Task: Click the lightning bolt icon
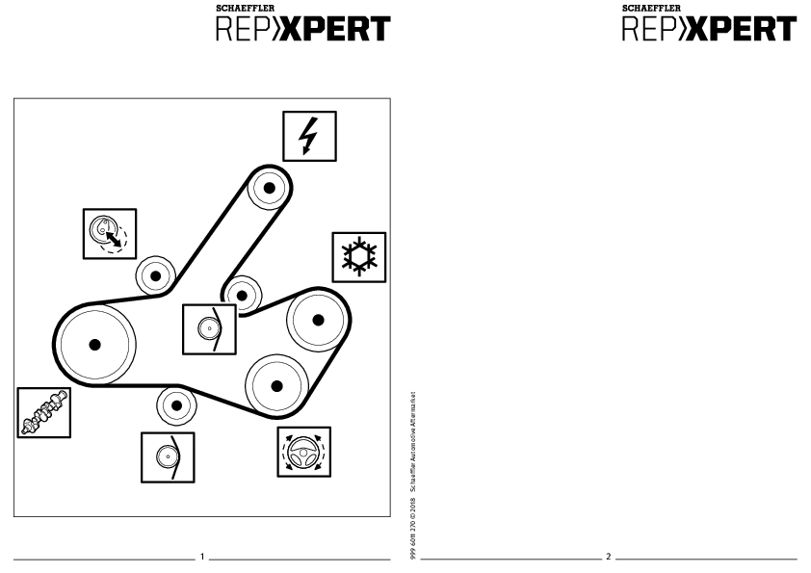309,136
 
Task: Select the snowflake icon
359,257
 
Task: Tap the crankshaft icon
44,413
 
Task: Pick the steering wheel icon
304,452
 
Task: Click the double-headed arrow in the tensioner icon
114,239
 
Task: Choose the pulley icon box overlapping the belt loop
209,329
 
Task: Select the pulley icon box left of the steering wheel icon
168,457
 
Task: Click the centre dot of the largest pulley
94,345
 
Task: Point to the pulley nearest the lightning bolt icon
269,188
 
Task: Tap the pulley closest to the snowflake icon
318,320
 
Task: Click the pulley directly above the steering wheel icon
276,386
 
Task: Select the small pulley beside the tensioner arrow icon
156,275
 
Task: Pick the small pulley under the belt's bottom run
176,405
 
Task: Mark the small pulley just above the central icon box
242,296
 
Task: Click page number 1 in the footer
202,557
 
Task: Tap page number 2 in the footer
609,557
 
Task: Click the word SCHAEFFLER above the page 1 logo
246,8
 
